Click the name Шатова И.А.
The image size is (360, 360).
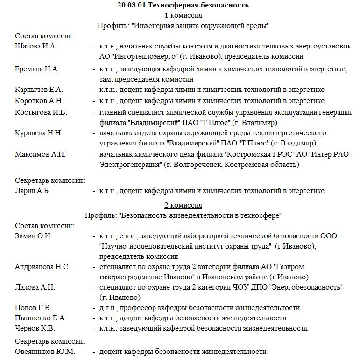click(x=35, y=46)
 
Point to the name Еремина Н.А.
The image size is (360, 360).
click(x=37, y=69)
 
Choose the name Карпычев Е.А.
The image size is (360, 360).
click(x=39, y=90)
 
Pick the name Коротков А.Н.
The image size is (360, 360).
click(x=39, y=101)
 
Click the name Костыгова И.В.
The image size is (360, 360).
click(x=41, y=112)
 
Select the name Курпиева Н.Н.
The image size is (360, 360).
click(x=38, y=132)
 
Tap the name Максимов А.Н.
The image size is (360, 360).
click(x=40, y=154)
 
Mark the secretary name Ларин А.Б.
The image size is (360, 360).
click(x=33, y=190)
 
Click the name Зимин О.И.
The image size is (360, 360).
click(x=34, y=235)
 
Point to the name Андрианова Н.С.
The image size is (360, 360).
click(x=42, y=266)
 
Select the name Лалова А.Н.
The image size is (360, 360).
click(x=35, y=287)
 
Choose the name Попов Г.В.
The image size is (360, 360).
click(x=34, y=308)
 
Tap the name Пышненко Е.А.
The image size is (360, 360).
click(x=41, y=318)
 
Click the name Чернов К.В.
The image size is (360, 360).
click(x=35, y=328)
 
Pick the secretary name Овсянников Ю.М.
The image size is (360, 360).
click(x=45, y=352)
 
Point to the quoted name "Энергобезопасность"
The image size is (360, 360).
click(x=306, y=287)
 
